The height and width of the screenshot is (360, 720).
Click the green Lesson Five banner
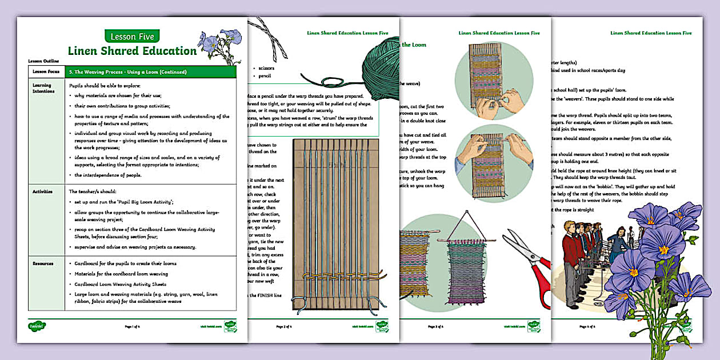click(x=132, y=36)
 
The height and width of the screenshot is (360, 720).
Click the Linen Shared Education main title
click(x=132, y=51)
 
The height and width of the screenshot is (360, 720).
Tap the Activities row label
click(x=42, y=191)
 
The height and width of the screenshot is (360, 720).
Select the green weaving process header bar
click(x=150, y=72)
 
